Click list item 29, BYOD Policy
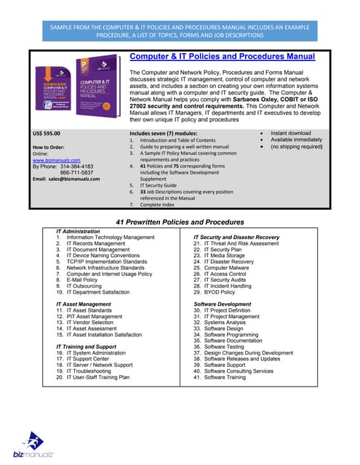(x=219, y=291)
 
